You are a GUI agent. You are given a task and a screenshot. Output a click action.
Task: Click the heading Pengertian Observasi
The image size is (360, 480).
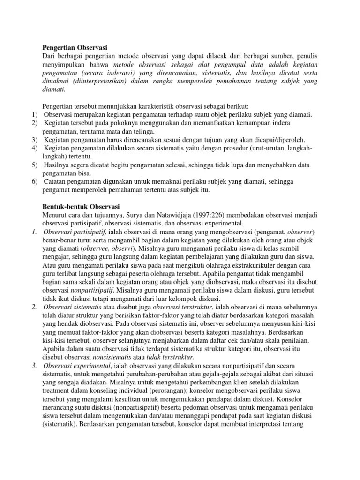(x=75, y=47)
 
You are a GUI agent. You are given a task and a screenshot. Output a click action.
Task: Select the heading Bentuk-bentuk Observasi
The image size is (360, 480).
(x=81, y=207)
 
